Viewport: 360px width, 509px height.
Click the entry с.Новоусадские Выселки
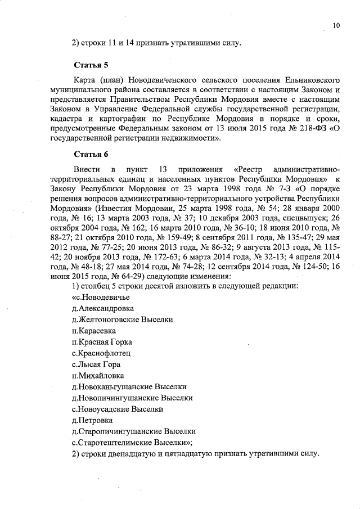pos(118,409)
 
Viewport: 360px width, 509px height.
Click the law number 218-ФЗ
pos(304,129)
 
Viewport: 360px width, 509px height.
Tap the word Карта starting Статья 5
pos(85,79)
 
